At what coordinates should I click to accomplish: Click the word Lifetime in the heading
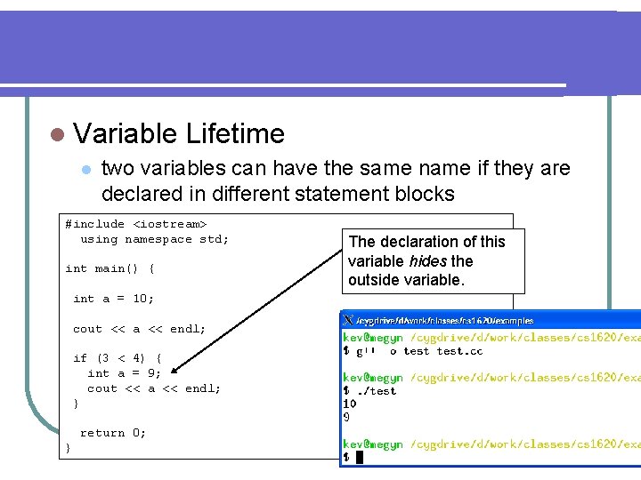(235, 134)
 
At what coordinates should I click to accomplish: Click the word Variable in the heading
(126, 134)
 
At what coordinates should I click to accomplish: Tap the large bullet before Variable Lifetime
(57, 135)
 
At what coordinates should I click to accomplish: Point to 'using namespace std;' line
(154, 239)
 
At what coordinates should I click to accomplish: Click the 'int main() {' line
(110, 268)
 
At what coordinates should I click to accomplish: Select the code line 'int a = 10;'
(113, 299)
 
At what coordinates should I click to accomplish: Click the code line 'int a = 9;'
(124, 373)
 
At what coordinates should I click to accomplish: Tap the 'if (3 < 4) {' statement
(117, 358)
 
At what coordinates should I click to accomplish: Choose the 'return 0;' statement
(113, 433)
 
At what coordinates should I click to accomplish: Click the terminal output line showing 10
(350, 404)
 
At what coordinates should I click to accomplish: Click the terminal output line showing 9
(347, 416)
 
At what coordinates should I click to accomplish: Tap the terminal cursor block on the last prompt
(360, 457)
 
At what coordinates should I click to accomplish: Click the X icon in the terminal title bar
(348, 319)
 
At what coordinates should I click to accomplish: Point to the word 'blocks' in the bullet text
(423, 194)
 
